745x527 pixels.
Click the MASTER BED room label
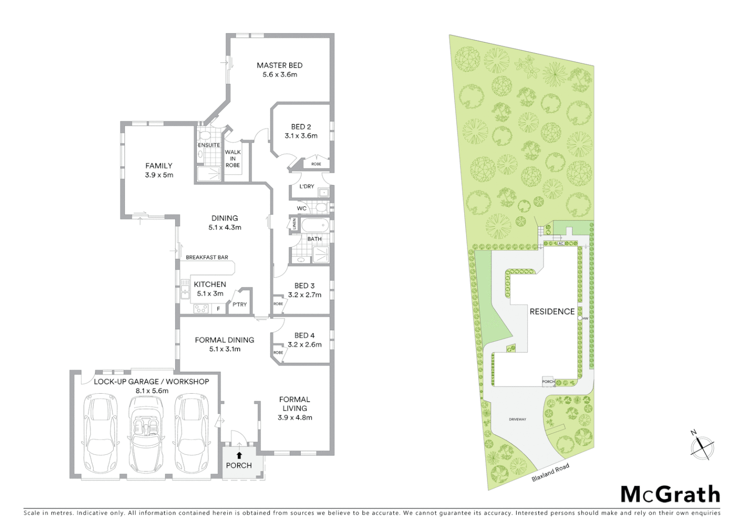[x=279, y=65]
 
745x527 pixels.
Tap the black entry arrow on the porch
[x=239, y=455]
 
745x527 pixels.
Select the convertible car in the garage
[x=146, y=432]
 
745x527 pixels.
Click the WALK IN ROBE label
[x=233, y=159]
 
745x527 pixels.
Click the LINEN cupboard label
[x=294, y=224]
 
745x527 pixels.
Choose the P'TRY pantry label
[x=239, y=304]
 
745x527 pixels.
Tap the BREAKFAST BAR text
[x=207, y=257]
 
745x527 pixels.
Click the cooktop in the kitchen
[x=201, y=308]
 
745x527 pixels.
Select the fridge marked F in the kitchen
[x=218, y=309]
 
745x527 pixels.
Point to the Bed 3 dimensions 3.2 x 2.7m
[x=304, y=295]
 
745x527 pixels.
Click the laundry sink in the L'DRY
[x=323, y=193]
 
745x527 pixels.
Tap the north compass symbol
[x=702, y=446]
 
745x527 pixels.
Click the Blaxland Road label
[x=550, y=472]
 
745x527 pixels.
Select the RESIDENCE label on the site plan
[x=552, y=311]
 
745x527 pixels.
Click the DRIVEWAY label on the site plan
[x=517, y=419]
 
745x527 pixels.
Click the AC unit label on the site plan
[x=561, y=243]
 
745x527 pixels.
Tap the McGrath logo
[x=670, y=494]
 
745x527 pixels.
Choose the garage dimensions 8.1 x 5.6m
[x=151, y=391]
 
